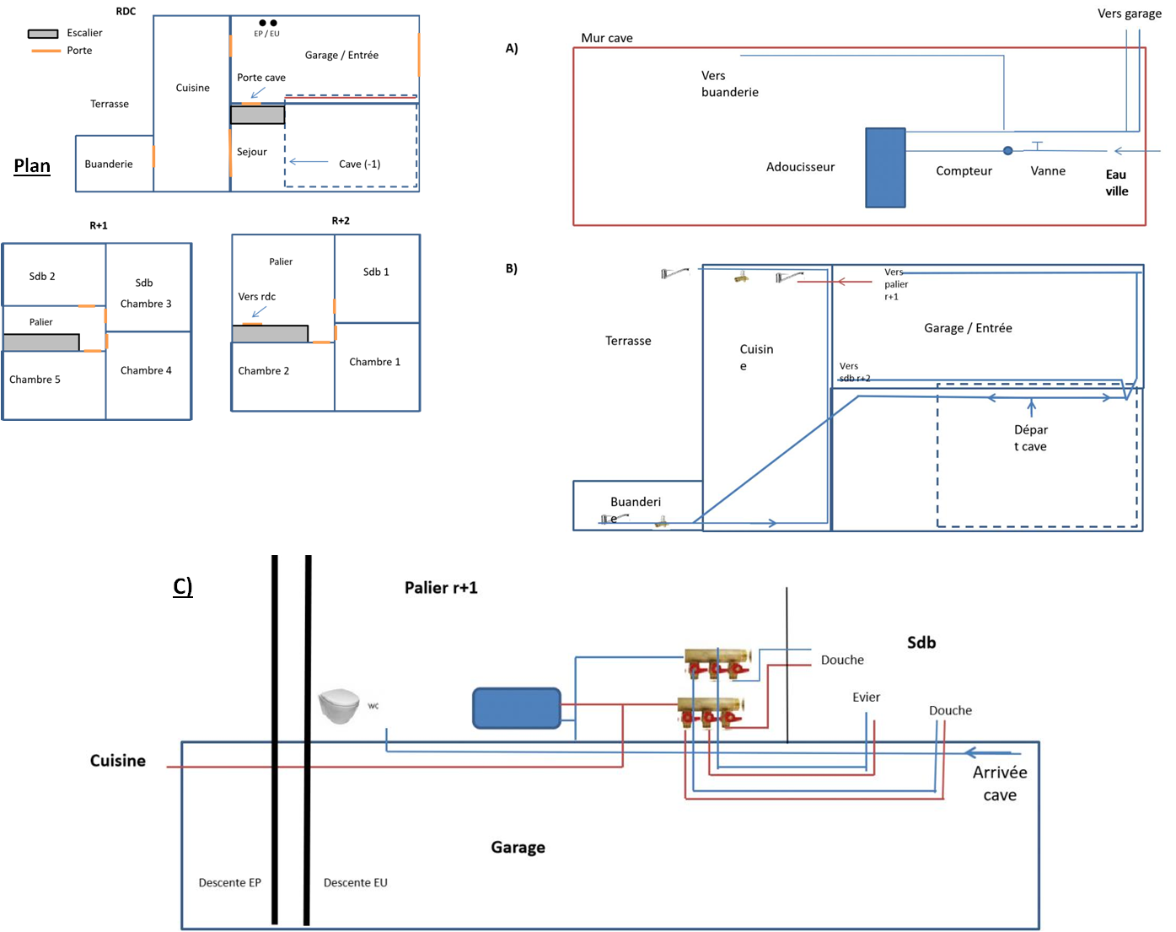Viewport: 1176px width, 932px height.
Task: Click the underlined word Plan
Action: [32, 165]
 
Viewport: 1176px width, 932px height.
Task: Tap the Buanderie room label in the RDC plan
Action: [109, 164]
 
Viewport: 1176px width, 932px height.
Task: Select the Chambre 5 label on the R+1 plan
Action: [35, 380]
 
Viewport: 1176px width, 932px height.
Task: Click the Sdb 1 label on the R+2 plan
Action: [376, 272]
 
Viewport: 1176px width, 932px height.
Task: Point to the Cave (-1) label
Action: [359, 164]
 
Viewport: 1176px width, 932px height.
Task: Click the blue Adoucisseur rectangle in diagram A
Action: [885, 168]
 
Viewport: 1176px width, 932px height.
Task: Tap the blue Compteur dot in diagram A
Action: [1007, 151]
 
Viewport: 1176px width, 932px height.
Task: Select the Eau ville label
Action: [1117, 183]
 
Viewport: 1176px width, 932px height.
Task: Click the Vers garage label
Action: [1129, 13]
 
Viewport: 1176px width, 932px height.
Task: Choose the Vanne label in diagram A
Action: [1048, 170]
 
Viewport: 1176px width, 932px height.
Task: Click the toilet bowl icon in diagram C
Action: [339, 705]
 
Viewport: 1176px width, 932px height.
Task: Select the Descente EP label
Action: [229, 882]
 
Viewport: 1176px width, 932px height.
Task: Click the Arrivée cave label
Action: [1000, 784]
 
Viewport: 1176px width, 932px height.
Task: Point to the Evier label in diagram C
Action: [866, 698]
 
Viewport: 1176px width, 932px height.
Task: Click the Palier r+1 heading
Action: [441, 588]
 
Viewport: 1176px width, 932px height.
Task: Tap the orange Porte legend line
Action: [46, 51]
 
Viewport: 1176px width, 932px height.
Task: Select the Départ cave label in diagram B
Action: [1030, 438]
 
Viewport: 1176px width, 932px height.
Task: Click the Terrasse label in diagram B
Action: [628, 341]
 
